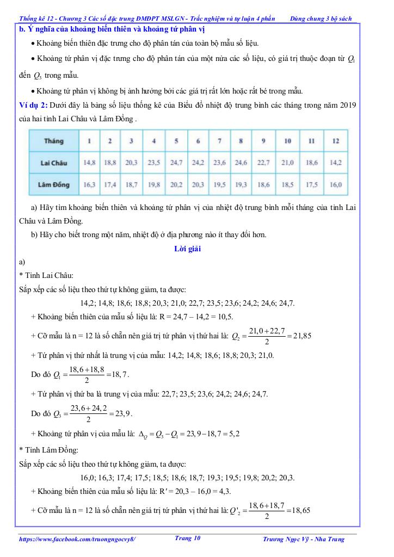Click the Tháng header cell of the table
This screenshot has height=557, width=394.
(53, 141)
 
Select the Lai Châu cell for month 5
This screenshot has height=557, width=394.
(176, 162)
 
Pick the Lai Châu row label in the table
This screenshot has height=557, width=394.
(53, 162)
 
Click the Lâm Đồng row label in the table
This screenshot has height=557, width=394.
(53, 185)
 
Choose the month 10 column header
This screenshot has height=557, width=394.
(287, 141)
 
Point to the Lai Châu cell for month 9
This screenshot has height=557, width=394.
(263, 162)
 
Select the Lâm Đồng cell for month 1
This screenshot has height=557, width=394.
(89, 185)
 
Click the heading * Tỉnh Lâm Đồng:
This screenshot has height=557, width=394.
(48, 450)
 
